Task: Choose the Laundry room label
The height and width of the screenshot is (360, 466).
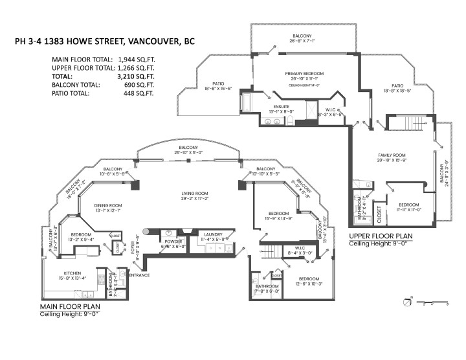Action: click(x=214, y=234)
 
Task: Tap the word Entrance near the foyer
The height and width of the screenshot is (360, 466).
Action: click(x=139, y=276)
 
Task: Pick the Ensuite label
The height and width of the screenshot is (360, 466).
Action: click(x=281, y=106)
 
